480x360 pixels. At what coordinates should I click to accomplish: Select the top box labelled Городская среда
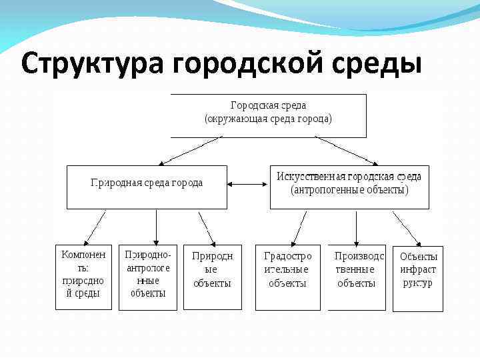click(268, 115)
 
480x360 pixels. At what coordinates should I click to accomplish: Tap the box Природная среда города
click(147, 187)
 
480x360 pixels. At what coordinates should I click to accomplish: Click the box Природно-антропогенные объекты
click(148, 277)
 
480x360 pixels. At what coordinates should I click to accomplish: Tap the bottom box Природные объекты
click(212, 277)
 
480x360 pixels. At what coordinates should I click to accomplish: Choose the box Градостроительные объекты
click(287, 277)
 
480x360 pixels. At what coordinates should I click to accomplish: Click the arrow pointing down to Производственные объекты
click(357, 227)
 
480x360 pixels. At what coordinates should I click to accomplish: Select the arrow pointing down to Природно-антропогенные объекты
click(156, 227)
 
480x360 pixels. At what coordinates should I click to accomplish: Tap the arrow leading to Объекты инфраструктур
click(407, 228)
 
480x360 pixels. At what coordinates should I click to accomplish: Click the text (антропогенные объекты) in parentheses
click(349, 190)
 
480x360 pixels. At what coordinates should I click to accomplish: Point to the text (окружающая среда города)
click(268, 119)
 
